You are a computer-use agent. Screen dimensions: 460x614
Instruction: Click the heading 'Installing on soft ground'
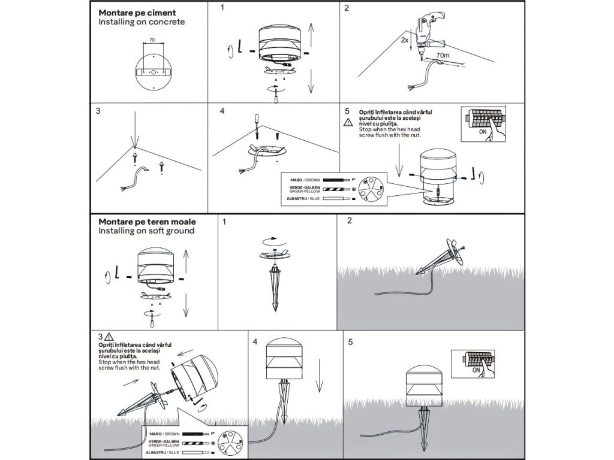click(x=146, y=231)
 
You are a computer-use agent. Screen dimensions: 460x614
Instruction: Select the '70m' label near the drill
click(x=443, y=55)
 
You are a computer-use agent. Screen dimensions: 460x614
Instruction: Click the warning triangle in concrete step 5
click(x=349, y=123)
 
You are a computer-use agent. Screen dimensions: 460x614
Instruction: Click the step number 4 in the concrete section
click(x=222, y=111)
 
